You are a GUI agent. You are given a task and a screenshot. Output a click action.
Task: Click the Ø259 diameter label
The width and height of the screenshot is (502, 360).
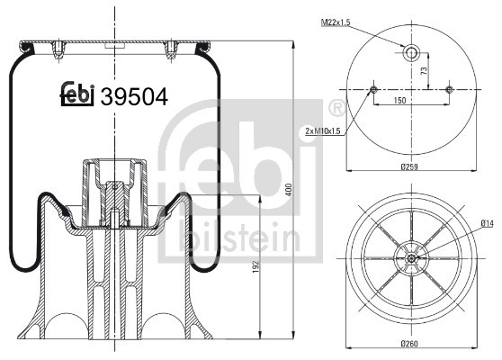click(x=412, y=167)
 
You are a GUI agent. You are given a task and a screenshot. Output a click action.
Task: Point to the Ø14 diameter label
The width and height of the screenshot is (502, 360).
click(x=487, y=223)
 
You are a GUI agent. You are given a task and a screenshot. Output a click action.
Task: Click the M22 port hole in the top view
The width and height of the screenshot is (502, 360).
click(x=412, y=53)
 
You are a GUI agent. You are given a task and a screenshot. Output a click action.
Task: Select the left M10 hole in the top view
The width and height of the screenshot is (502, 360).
click(x=374, y=88)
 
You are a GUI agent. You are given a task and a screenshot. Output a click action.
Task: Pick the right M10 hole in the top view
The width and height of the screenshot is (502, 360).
click(x=450, y=88)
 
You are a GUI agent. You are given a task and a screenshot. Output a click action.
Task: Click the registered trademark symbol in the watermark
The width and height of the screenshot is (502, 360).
click(x=336, y=110)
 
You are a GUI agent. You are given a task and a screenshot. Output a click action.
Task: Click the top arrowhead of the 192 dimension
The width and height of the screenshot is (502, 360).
click(x=261, y=197)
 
